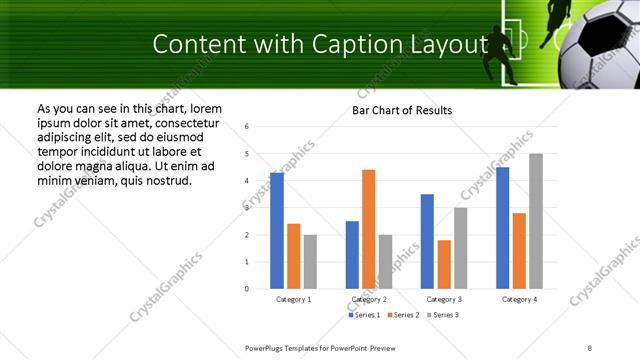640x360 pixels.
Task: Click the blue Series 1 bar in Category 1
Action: click(277, 231)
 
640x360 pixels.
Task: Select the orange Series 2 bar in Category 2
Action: click(368, 229)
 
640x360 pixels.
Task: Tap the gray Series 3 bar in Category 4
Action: click(536, 221)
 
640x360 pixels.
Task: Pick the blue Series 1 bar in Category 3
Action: click(427, 241)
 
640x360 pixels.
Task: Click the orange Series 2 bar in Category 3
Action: click(444, 264)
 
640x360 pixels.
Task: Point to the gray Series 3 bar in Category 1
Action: click(310, 262)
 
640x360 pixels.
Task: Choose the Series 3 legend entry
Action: click(444, 315)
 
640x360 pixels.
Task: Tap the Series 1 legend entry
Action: click(364, 315)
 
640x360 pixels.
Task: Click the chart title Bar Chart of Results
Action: click(402, 110)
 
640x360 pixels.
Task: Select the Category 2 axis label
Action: click(369, 299)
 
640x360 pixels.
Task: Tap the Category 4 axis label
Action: click(519, 299)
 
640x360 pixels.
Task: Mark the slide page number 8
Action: click(590, 347)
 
